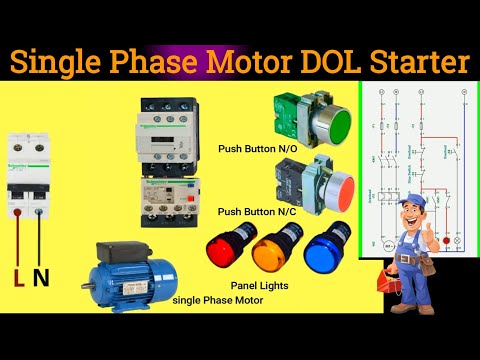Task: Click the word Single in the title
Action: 63,64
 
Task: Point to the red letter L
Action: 18,276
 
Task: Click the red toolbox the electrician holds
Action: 384,283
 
